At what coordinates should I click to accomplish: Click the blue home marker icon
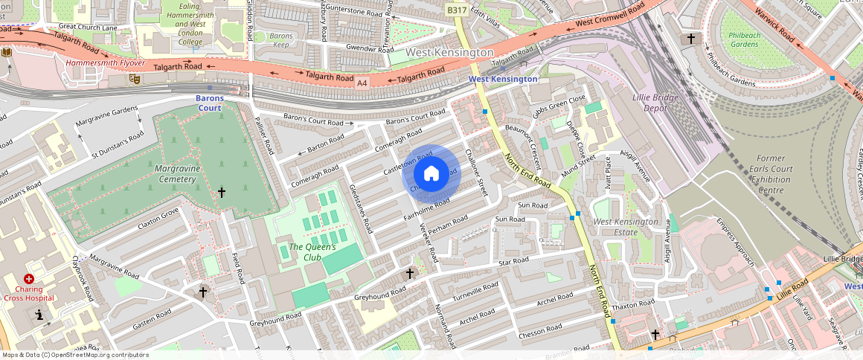pyautogui.click(x=431, y=174)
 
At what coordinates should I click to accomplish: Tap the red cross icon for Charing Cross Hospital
pyautogui.click(x=29, y=278)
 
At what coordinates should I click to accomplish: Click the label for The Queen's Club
pyautogui.click(x=312, y=251)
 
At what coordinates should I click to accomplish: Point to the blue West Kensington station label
pyautogui.click(x=502, y=79)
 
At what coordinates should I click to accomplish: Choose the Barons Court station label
pyautogui.click(x=210, y=103)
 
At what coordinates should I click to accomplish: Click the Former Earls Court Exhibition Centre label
pyautogui.click(x=770, y=174)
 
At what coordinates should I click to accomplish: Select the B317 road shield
pyautogui.click(x=457, y=10)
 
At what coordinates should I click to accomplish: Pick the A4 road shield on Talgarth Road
pyautogui.click(x=362, y=82)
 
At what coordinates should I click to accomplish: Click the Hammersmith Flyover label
pyautogui.click(x=105, y=63)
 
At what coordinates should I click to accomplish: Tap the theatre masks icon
pyautogui.click(x=135, y=78)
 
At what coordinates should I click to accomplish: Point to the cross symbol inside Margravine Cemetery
pyautogui.click(x=221, y=193)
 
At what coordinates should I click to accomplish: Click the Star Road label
pyautogui.click(x=513, y=262)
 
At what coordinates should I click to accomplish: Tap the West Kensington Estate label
pyautogui.click(x=625, y=227)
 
